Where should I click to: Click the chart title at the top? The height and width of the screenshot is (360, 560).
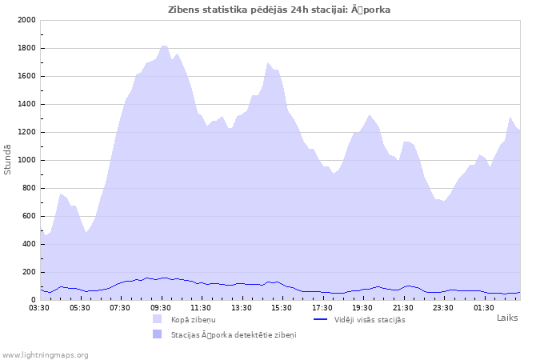pos(279,10)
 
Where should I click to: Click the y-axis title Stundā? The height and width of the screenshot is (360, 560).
pos(8,160)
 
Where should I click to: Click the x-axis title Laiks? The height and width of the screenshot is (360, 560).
pos(507,318)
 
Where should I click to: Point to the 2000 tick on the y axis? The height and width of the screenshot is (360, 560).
pos(26,20)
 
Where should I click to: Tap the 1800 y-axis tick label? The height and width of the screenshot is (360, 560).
pos(26,48)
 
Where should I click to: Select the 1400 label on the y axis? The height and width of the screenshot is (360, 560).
pos(26,104)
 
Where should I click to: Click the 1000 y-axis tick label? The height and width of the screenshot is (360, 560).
pos(26,160)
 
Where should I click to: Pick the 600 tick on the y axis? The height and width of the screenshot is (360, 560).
pos(28,216)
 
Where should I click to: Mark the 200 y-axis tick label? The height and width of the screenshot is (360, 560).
pos(28,272)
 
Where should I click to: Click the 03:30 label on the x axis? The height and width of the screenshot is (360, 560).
pos(40,307)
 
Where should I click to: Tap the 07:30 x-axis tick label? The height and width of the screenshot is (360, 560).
pos(120,307)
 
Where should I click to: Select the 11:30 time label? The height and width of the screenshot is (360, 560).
pos(201,307)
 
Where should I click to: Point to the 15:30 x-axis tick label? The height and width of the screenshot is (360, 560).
pos(282,307)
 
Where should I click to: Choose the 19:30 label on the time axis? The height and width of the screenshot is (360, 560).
pos(362,307)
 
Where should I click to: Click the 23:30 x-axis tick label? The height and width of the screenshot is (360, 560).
pos(443,307)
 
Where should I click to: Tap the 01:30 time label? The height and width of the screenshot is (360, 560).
pos(484,307)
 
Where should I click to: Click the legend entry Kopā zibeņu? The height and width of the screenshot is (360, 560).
pos(193,319)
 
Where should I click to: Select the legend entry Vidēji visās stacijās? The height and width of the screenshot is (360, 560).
pos(370,319)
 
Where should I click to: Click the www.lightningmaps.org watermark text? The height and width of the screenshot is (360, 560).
pos(46,354)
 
